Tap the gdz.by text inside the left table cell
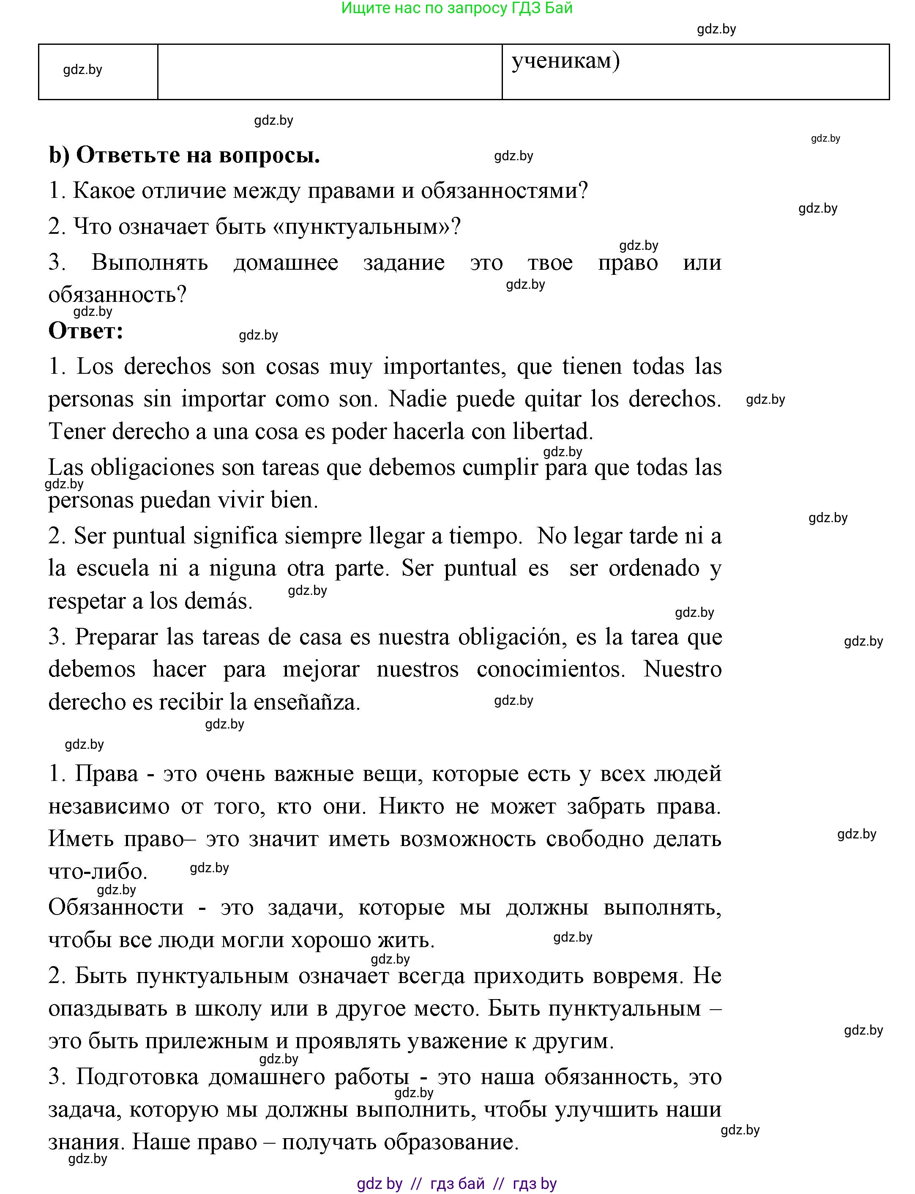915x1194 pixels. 83,70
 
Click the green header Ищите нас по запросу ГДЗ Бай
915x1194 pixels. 456,8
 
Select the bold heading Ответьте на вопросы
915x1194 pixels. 197,155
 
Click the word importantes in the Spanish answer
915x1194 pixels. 441,366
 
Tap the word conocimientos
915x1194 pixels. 550,669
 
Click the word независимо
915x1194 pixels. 109,806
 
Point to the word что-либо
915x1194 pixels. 98,871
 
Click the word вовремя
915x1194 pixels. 638,975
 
